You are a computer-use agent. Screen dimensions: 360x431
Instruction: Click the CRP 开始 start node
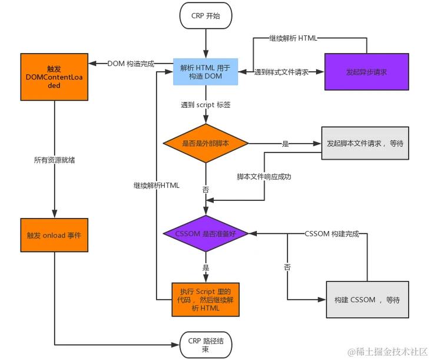point(205,16)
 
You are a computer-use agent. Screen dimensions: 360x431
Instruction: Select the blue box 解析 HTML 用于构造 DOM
point(205,72)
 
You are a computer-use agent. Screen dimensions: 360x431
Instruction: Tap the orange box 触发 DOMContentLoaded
point(54,77)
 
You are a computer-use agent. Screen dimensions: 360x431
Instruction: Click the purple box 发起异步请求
point(366,72)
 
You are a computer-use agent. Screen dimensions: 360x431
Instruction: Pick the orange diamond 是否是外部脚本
point(205,144)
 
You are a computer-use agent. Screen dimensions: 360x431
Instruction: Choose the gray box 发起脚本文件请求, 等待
point(365,143)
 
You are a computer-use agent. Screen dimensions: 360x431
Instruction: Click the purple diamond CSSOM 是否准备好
point(205,233)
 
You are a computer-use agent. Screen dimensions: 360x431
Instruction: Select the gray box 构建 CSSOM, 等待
point(367,300)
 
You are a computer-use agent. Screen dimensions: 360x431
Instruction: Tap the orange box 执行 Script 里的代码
point(205,299)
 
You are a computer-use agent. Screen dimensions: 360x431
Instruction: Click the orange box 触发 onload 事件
point(54,235)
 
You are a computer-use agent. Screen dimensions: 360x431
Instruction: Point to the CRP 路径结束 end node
point(205,345)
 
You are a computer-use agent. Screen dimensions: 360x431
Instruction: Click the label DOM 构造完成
point(131,63)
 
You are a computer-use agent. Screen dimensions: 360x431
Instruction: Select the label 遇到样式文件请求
point(281,72)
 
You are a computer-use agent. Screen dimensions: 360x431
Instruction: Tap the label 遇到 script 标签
point(205,104)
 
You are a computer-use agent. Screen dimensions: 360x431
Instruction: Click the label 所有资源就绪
point(55,160)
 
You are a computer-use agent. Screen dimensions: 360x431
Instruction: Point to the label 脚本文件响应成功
point(264,176)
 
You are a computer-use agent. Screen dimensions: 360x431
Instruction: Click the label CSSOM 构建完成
point(331,233)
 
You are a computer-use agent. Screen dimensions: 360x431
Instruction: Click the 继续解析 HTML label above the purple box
point(293,38)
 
